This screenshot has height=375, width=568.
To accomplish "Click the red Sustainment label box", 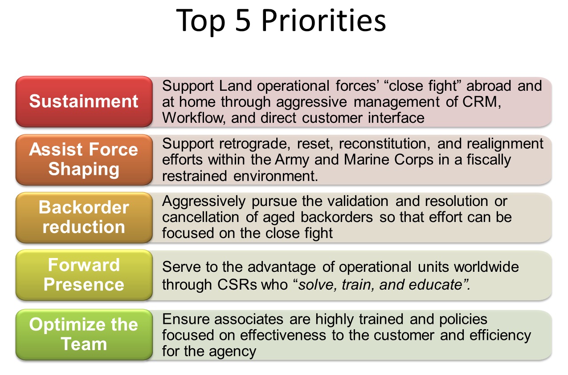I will pyautogui.click(x=84, y=101).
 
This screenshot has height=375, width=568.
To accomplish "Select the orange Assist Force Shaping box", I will pyautogui.click(x=84, y=159).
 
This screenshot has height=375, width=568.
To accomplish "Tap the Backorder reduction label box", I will pyautogui.click(x=84, y=217).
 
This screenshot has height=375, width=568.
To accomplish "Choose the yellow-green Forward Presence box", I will pyautogui.click(x=84, y=275).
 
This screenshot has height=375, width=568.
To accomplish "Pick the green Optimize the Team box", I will pyautogui.click(x=84, y=334).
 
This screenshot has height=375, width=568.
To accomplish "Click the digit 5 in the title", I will pyautogui.click(x=244, y=21).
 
